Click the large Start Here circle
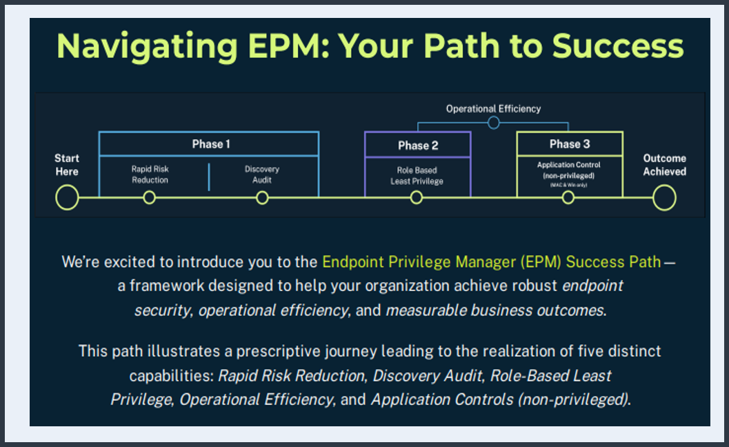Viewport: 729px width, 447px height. (67, 198)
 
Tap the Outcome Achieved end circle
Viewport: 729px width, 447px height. (664, 198)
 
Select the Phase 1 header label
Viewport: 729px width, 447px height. (210, 144)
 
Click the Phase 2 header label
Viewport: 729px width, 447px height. (418, 145)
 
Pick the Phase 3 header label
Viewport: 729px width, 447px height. (570, 143)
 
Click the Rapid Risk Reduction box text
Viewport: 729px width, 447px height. (150, 175)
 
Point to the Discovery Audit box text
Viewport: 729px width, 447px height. (262, 175)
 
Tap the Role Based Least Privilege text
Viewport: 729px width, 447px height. (417, 175)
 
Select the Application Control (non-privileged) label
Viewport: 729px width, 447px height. (569, 170)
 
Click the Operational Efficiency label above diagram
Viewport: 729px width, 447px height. (493, 108)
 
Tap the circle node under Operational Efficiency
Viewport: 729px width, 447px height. (493, 123)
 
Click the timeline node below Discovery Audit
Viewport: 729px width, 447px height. (262, 198)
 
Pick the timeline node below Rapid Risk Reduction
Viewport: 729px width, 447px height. (149, 198)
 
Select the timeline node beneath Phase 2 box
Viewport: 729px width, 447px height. (416, 198)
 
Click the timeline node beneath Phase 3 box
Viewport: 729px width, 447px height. (568, 198)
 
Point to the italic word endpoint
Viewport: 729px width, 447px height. (592, 286)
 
